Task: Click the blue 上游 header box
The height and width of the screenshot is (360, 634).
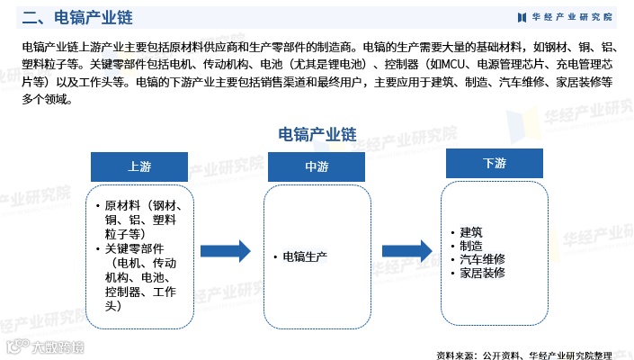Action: [139, 166]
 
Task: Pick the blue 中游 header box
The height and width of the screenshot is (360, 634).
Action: [317, 166]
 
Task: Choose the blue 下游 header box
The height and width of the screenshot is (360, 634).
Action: [494, 163]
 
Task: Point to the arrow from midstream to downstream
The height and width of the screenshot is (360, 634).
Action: [406, 251]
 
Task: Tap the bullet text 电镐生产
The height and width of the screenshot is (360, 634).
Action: [305, 256]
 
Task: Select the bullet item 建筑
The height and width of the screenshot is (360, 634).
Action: [471, 232]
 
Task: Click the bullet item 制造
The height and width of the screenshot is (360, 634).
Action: [471, 246]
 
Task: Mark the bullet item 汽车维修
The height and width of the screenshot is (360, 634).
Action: [483, 259]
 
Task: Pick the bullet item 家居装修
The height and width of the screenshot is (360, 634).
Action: [483, 273]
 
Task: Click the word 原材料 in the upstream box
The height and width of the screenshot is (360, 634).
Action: [122, 205]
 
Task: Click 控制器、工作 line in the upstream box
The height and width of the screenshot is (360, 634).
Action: [140, 292]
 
